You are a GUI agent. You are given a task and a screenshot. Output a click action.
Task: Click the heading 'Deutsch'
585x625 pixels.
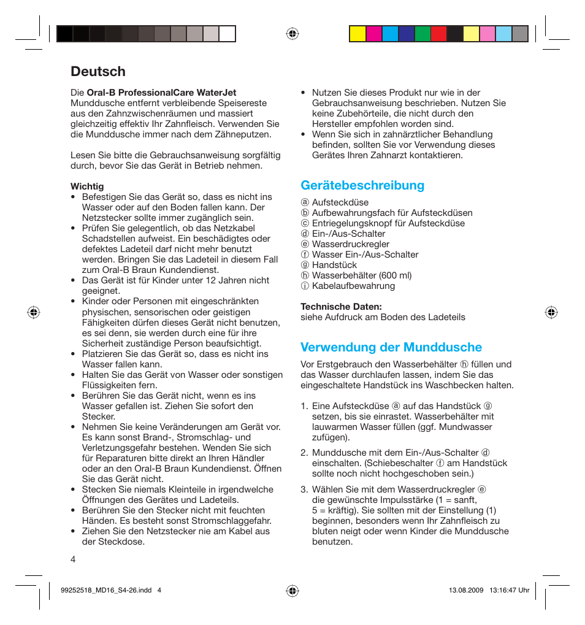[98, 72]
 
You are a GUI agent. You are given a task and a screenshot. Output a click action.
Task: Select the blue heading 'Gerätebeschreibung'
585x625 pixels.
[362, 185]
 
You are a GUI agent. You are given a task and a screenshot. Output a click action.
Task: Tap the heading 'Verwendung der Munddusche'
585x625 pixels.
[391, 347]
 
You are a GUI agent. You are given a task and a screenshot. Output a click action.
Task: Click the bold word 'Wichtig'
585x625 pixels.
[87, 186]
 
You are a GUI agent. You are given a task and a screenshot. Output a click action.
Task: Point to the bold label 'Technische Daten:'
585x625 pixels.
[341, 307]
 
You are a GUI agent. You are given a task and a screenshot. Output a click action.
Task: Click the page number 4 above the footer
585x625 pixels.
[73, 559]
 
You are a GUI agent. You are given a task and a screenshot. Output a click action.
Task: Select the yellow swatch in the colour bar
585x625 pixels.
[357, 34]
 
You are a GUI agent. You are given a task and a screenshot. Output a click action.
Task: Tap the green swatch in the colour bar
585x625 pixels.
[422, 34]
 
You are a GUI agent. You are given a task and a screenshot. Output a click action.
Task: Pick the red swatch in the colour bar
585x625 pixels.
[438, 34]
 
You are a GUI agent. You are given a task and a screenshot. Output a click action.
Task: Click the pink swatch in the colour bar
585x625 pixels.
[487, 34]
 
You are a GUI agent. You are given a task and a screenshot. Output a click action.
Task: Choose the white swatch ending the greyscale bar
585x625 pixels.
[227, 34]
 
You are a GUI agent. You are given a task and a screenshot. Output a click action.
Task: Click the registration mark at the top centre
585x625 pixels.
[292, 34]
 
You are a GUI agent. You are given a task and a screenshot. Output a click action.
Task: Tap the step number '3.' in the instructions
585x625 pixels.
[304, 489]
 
